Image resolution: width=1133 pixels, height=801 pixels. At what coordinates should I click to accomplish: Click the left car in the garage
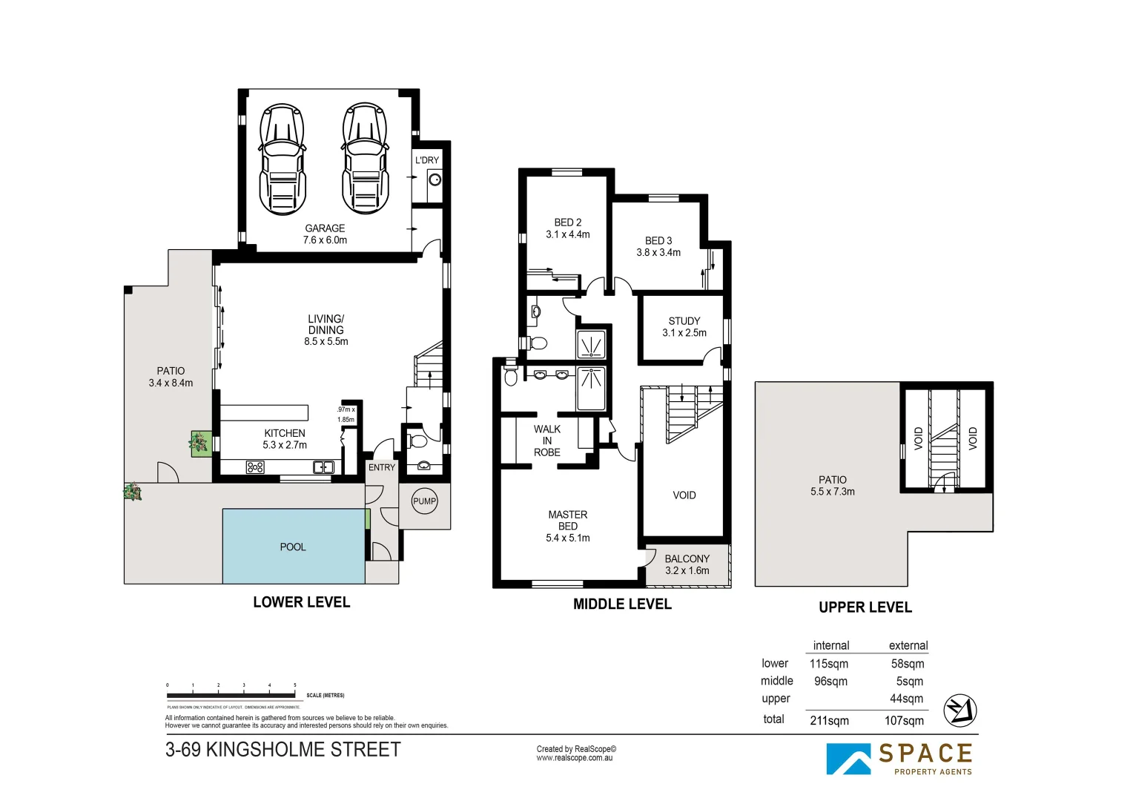(282, 159)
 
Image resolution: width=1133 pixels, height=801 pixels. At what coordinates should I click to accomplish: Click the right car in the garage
(364, 159)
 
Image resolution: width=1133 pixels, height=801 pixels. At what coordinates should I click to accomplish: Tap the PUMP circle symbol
(424, 501)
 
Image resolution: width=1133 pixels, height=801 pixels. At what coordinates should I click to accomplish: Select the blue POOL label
(293, 547)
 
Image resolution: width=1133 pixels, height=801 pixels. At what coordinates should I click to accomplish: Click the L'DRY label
(427, 160)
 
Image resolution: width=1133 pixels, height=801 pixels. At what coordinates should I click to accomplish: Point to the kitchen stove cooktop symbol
(255, 467)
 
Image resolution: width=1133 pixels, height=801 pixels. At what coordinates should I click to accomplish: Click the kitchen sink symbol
(323, 467)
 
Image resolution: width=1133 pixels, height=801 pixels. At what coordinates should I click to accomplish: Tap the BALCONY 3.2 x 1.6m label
(687, 564)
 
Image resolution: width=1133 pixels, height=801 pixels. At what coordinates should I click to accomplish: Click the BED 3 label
(658, 241)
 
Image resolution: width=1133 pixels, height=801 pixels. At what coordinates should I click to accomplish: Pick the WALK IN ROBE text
(547, 441)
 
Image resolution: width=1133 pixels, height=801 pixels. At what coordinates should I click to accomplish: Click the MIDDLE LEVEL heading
(622, 604)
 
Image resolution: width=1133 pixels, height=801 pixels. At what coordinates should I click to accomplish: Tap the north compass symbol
(959, 711)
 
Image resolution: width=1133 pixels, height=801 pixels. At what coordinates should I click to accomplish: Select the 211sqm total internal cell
(829, 720)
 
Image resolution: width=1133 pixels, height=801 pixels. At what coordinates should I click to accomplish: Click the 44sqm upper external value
(906, 699)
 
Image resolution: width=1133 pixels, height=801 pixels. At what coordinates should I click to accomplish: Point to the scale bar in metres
(231, 696)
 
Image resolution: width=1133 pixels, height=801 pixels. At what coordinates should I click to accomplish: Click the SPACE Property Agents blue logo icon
(849, 759)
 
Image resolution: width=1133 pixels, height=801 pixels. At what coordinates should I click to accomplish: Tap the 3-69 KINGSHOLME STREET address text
(283, 750)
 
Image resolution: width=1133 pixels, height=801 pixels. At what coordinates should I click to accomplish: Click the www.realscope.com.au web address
(575, 758)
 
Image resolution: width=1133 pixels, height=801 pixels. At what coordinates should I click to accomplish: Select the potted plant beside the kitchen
(199, 444)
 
